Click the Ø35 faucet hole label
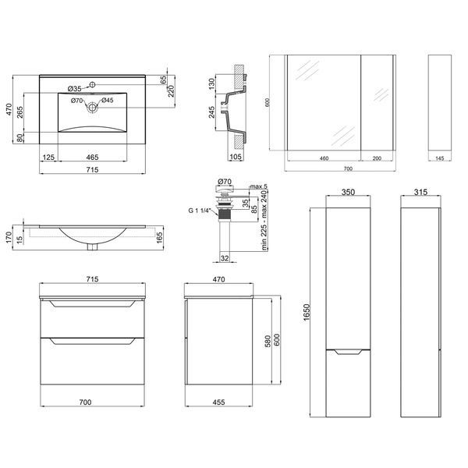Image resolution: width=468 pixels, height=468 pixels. [x=74, y=89]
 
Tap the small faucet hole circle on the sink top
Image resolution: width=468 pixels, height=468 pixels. [x=92, y=85]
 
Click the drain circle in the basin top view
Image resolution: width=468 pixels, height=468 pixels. [x=92, y=107]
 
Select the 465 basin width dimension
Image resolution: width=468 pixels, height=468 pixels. [x=92, y=157]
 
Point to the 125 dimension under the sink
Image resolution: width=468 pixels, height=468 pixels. [x=48, y=157]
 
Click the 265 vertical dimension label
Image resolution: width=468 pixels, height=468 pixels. [x=20, y=112]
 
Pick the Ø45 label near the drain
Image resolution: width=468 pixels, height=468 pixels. [x=108, y=101]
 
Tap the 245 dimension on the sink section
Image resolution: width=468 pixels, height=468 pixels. [x=211, y=112]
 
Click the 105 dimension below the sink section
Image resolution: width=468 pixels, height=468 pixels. [x=236, y=157]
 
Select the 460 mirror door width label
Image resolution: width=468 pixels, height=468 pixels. [x=324, y=158]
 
